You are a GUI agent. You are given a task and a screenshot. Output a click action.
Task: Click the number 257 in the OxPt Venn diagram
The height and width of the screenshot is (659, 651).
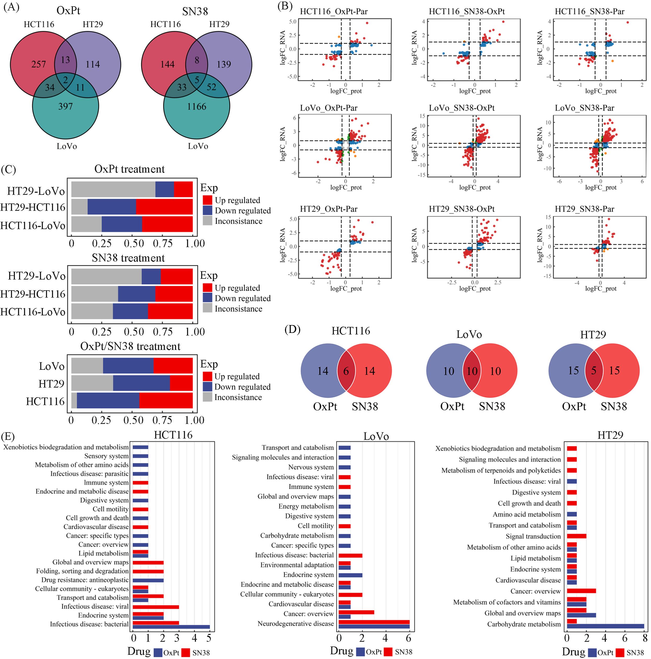point(38,64)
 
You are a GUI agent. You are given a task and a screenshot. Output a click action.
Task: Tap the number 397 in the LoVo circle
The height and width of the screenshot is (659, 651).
point(65,106)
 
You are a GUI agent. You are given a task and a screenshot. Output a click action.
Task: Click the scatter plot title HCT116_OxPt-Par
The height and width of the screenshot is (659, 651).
point(334,12)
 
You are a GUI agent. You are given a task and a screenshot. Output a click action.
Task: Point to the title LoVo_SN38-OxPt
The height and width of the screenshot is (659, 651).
point(462,108)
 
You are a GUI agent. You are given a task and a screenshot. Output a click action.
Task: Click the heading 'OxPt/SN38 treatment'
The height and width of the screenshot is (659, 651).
point(130,346)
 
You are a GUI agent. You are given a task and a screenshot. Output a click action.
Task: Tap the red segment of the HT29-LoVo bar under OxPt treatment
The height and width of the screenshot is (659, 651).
point(183,189)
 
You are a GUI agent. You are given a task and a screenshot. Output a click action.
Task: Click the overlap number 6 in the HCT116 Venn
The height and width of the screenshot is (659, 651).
point(346,371)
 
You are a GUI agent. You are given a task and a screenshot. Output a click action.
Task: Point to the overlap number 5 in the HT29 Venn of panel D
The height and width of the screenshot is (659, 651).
point(594,371)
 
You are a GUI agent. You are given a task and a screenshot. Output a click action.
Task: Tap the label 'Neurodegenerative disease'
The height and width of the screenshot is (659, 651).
point(295,623)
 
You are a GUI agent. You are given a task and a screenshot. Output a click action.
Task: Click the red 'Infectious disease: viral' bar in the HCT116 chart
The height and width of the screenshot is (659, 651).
point(155,607)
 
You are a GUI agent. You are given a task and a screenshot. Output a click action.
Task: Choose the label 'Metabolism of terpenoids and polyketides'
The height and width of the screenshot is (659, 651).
point(501,471)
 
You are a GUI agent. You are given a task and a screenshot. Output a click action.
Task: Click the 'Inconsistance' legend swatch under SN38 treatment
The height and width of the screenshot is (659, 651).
point(207,308)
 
